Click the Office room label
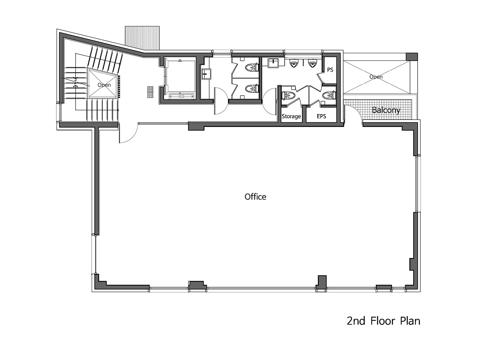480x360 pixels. [x=255, y=197]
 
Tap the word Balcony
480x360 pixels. [x=386, y=110]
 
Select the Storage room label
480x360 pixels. [x=291, y=116]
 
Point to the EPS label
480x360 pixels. [x=321, y=116]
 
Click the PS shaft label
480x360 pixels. [x=330, y=70]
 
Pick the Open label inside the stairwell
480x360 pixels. [x=104, y=85]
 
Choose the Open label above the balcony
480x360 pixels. [x=376, y=77]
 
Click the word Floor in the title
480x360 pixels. [x=383, y=321]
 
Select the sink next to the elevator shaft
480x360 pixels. [x=206, y=74]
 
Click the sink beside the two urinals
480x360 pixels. [x=273, y=62]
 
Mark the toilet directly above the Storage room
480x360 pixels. [x=288, y=96]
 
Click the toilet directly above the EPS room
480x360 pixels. [x=329, y=96]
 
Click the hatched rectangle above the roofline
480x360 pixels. [x=142, y=38]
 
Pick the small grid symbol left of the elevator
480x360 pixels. [x=150, y=92]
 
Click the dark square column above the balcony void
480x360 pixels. [x=412, y=57]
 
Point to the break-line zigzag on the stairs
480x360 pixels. [x=76, y=82]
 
